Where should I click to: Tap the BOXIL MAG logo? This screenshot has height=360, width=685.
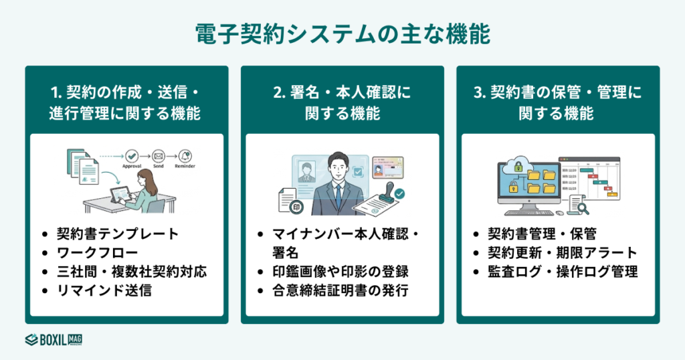54,339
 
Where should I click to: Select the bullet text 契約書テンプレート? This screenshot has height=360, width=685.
117,234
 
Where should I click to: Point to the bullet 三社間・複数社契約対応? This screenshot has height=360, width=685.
131,272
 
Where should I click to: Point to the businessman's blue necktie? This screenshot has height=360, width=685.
339,194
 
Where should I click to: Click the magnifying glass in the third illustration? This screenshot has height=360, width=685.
582,208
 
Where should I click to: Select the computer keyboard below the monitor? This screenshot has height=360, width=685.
529,213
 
